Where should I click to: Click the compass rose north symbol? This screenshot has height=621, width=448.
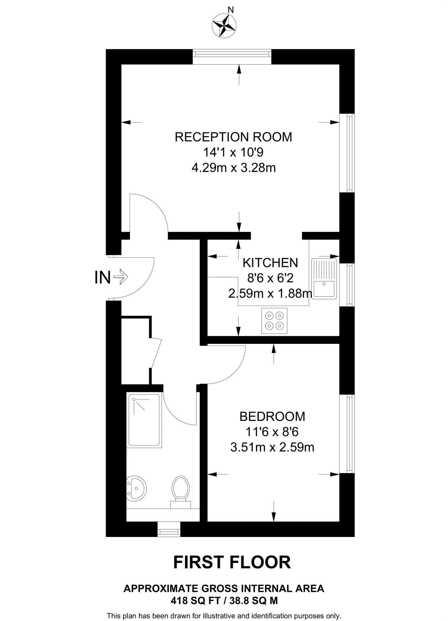point(224,25)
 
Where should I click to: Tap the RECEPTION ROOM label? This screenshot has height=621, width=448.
point(233,137)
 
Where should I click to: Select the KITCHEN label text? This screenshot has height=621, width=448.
point(270,263)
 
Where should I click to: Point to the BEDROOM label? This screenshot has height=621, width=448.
point(272,417)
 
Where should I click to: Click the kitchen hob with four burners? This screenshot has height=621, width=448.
point(274,321)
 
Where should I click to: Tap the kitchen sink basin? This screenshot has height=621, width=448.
point(324,289)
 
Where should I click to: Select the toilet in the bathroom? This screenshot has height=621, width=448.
point(181,490)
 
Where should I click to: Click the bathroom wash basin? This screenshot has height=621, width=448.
point(136,488)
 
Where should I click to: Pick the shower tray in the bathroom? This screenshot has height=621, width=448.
point(144,420)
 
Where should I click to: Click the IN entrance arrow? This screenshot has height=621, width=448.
point(121,277)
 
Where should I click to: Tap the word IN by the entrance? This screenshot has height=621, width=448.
point(102,277)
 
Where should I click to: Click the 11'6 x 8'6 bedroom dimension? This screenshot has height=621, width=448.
point(272,432)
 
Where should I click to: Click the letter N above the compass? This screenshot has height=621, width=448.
point(231,10)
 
